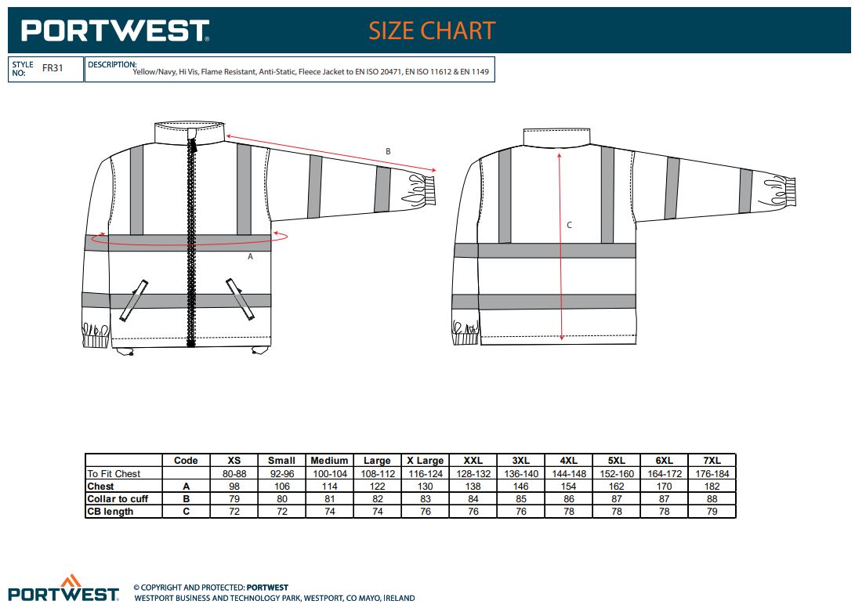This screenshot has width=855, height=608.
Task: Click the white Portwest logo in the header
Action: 114,31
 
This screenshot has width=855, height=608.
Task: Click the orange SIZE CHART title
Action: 432,31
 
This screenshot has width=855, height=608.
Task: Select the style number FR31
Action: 53,68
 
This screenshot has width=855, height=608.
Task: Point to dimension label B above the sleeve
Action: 388,151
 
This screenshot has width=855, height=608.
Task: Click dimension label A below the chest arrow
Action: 250,256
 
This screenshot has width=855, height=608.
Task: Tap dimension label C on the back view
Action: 569,225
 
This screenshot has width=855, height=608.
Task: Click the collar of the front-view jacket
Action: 190,132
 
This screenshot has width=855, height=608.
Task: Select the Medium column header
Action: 329,460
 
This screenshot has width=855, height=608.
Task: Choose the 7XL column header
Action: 712,460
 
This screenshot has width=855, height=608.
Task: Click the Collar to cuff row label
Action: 118,499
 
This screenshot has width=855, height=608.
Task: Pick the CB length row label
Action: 110,512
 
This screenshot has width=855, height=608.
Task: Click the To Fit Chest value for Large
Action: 377,474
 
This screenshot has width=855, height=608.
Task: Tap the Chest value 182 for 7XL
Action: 712,487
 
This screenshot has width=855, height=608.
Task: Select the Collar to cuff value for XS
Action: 234,499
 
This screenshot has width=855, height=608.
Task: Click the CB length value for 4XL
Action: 569,512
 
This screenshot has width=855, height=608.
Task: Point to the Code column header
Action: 186,460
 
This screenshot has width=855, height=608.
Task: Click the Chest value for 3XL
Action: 520,487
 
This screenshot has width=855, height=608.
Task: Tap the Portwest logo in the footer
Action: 63,588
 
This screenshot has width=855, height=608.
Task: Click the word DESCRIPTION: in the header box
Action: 112,64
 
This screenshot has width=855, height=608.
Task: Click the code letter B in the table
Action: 186,499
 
